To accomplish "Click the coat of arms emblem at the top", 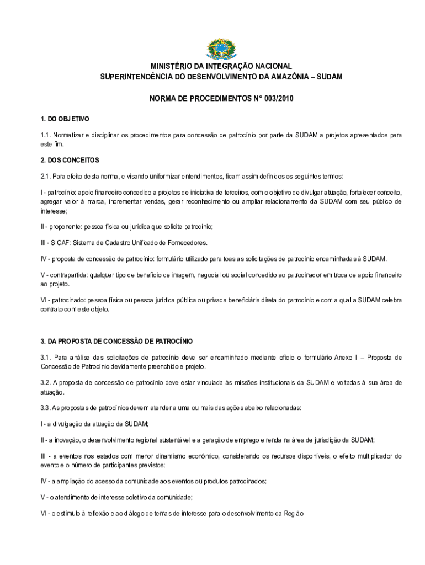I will tap(220, 49).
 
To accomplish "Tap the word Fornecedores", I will tap(187, 242).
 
